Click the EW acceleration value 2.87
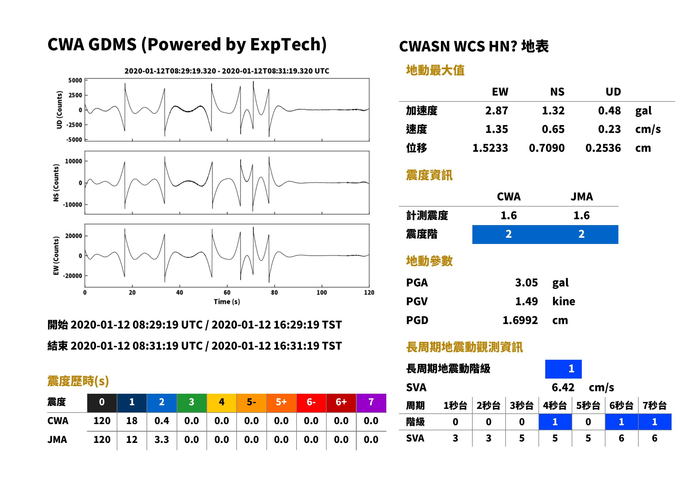pos(496,110)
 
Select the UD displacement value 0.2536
pos(603,148)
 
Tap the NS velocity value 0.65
pos(553,129)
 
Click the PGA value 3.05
pos(526,282)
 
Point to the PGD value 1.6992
pos(520,320)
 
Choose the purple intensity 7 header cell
pos(371,402)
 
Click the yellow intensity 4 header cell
pos(222,402)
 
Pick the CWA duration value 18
pos(132,421)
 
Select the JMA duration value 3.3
pos(162,440)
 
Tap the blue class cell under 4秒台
pos(555,422)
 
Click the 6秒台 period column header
pos(621,405)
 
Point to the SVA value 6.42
pos(563,387)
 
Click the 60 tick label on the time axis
pos(227,293)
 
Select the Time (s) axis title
pos(227,302)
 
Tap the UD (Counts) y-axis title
pos(59,110)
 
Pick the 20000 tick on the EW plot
pos(74,236)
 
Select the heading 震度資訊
pos(429,175)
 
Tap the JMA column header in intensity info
pos(582,196)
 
